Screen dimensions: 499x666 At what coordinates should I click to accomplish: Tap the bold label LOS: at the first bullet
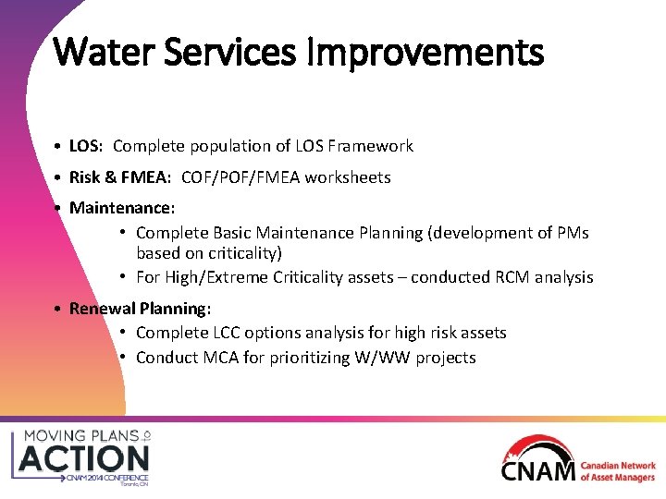pyautogui.click(x=87, y=146)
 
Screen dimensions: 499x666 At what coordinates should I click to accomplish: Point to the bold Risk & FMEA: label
pyautogui.click(x=120, y=177)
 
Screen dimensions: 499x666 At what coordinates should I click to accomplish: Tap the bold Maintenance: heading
pyautogui.click(x=122, y=208)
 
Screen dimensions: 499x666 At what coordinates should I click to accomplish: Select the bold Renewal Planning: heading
pyautogui.click(x=141, y=308)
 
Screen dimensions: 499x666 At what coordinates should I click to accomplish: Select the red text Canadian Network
pyautogui.click(x=618, y=466)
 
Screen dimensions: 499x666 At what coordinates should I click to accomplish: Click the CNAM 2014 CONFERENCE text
pyautogui.click(x=106, y=479)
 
